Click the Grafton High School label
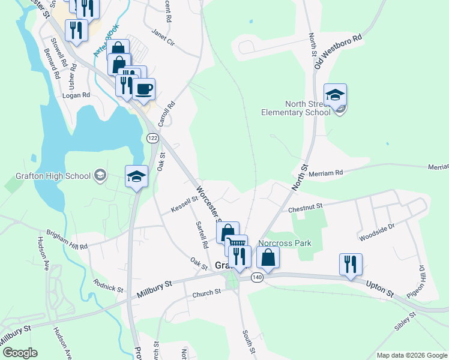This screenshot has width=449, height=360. (x=52, y=176)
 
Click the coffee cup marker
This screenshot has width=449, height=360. (x=143, y=90)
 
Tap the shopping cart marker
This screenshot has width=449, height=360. (x=237, y=245)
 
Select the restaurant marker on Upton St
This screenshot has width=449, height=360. (x=351, y=264)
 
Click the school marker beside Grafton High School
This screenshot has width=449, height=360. (x=136, y=176)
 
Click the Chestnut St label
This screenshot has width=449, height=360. (x=306, y=208)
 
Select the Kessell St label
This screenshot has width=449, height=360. (x=184, y=205)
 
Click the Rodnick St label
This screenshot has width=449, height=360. (x=107, y=285)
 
